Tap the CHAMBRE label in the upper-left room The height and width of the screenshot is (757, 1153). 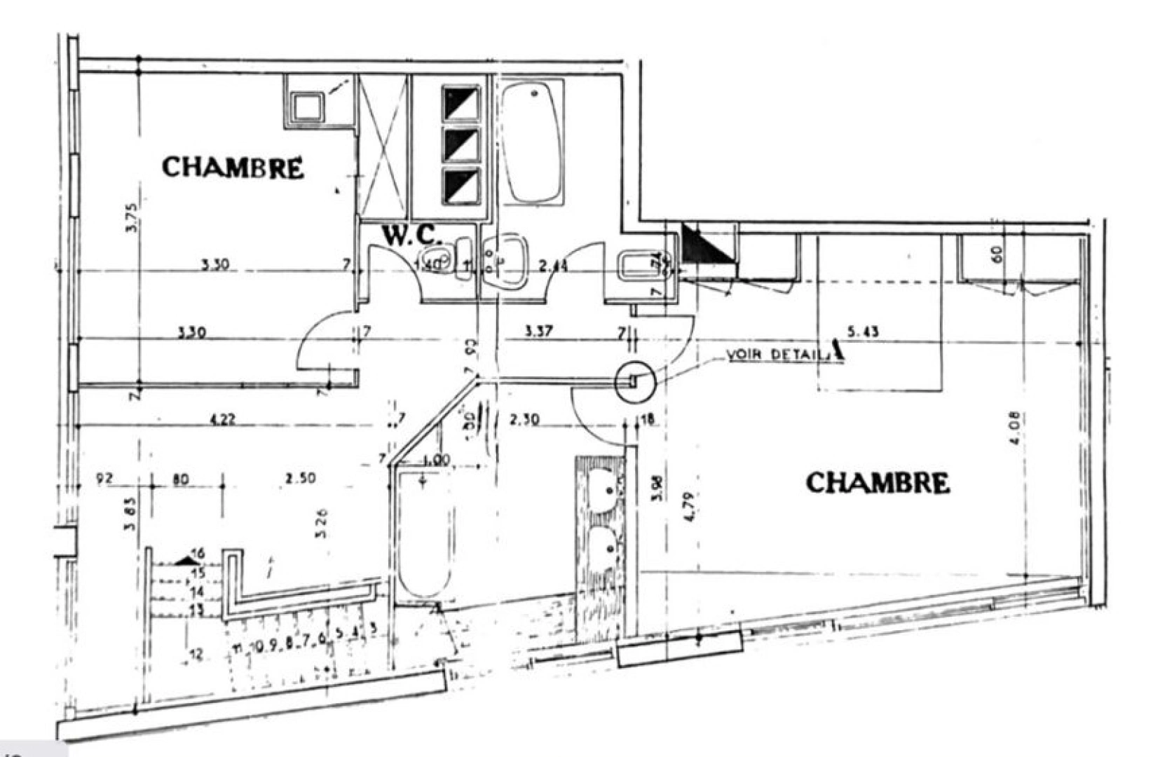tap(233, 168)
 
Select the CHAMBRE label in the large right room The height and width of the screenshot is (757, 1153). tap(878, 483)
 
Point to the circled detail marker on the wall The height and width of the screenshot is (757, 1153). tap(635, 381)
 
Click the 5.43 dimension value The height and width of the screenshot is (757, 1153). tap(863, 331)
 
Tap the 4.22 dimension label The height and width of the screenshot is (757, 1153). tap(223, 420)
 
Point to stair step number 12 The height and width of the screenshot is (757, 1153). tap(196, 655)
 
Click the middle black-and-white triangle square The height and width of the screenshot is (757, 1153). tap(461, 145)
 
